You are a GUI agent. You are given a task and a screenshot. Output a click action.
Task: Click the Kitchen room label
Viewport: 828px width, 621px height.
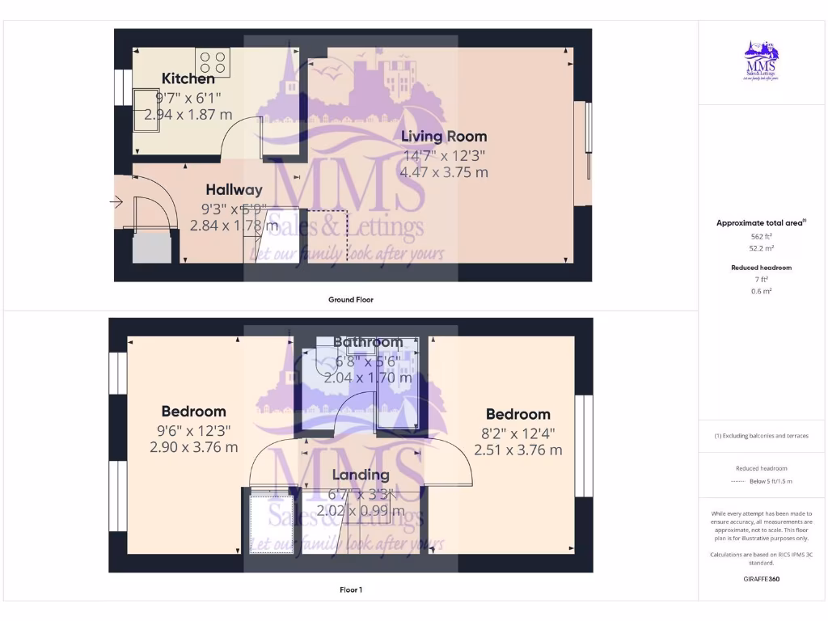click(x=188, y=78)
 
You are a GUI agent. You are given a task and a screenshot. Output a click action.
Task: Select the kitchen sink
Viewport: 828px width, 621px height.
click(x=147, y=109)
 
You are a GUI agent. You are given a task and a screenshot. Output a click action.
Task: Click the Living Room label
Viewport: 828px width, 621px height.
click(x=444, y=136)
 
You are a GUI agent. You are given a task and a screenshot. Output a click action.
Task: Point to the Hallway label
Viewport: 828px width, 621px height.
click(x=234, y=190)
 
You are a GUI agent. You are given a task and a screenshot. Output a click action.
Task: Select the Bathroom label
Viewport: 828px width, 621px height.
click(x=368, y=342)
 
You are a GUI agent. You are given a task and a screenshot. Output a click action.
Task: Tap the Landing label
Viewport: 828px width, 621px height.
click(x=361, y=475)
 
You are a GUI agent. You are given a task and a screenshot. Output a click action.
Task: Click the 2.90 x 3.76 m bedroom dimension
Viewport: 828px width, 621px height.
click(x=194, y=446)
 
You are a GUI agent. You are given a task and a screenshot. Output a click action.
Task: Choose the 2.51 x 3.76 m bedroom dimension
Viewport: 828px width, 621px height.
click(x=518, y=450)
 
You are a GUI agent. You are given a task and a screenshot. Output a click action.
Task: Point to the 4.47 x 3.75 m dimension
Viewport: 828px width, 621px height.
click(x=444, y=172)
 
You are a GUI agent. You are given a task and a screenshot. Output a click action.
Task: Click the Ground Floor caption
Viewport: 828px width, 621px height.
click(x=351, y=299)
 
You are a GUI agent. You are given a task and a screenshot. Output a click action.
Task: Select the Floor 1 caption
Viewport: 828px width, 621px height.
click(x=351, y=589)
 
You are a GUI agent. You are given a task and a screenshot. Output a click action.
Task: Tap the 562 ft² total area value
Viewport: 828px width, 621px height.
click(x=761, y=237)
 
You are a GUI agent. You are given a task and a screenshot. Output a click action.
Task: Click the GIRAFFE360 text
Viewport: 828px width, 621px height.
click(x=761, y=579)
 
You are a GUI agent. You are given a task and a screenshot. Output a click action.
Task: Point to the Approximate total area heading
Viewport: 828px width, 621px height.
click(x=760, y=223)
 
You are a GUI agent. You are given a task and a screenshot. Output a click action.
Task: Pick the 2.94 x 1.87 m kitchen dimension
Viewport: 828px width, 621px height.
click(x=188, y=115)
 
